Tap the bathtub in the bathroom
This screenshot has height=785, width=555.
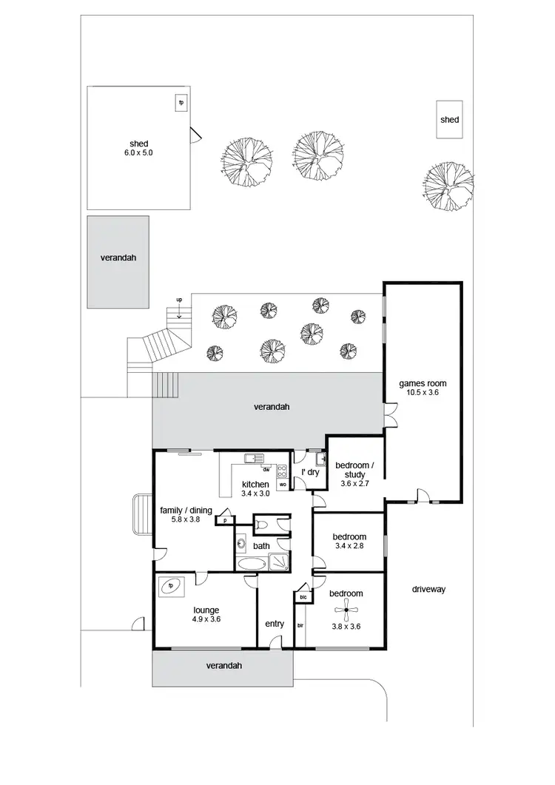[252, 564]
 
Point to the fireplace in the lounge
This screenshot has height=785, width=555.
[171, 585]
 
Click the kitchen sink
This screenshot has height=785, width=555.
[252, 458]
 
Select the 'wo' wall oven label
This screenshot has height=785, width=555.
[282, 485]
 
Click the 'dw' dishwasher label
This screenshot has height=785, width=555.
[265, 469]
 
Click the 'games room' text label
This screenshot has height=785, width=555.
[423, 383]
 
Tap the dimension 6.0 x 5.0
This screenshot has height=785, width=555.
[138, 152]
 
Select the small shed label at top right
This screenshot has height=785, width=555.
[449, 120]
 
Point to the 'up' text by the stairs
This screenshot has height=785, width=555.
[178, 300]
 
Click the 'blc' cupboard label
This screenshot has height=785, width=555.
[303, 596]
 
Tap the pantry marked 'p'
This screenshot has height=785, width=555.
[223, 520]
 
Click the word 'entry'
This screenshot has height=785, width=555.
[275, 624]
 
